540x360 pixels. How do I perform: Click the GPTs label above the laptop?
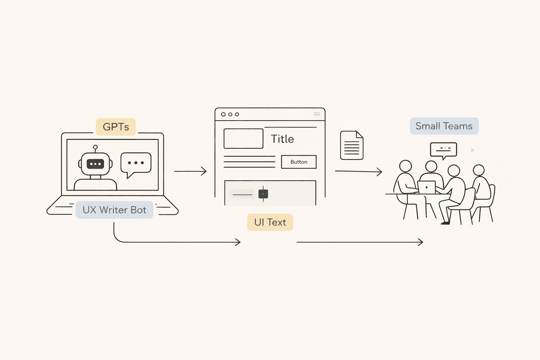coord(116,127)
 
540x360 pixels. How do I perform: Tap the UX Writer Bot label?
coord(114,210)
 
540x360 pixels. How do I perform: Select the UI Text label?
coord(270,222)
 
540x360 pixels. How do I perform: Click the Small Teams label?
coord(444,126)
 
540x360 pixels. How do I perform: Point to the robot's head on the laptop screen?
coord(95,164)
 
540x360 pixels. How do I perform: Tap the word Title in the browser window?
coord(282,139)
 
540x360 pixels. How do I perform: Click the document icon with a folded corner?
coord(352,146)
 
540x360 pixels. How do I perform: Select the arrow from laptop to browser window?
coord(190,171)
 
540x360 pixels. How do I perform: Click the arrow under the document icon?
coord(358,172)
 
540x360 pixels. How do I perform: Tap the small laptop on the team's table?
coord(426,187)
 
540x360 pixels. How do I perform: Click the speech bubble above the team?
coord(443,149)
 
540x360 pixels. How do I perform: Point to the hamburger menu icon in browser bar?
coord(317,114)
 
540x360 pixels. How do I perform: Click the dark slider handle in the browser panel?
coord(263,194)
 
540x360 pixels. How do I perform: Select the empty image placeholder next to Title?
coord(243,139)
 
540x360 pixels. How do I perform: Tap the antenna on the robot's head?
coord(95,148)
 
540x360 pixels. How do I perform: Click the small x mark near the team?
coord(472,150)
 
